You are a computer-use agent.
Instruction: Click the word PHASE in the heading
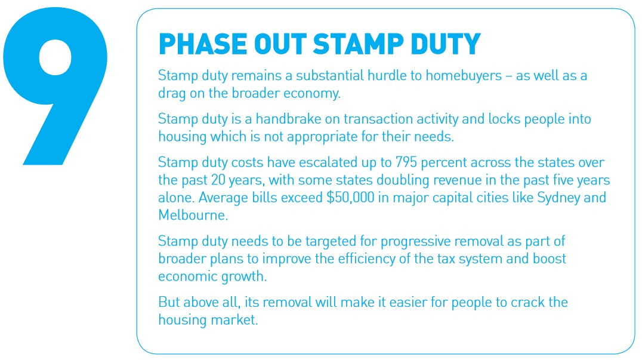203,44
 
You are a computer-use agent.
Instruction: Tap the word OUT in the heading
280,44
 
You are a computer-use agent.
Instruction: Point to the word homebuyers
464,76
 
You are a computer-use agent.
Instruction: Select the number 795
406,162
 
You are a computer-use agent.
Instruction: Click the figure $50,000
350,198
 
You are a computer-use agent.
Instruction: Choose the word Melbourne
193,215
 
